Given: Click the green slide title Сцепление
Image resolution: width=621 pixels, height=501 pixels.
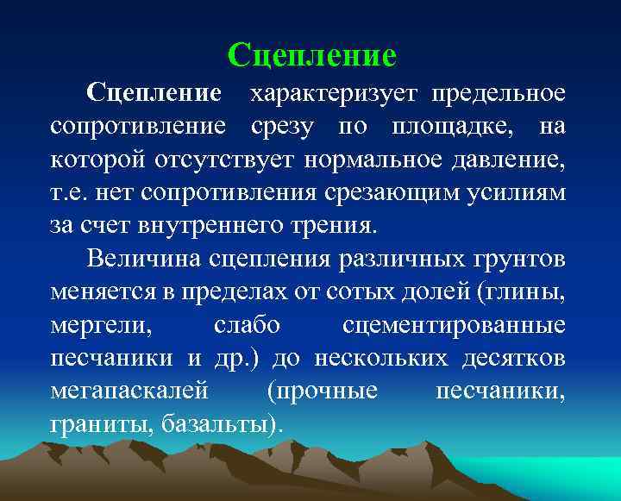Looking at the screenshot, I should tap(311, 55).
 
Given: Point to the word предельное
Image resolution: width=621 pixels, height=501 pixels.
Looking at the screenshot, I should tap(498, 92).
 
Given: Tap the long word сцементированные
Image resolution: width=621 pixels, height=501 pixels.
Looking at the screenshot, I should tap(454, 326).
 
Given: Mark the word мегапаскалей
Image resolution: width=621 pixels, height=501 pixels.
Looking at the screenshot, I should tap(129, 392).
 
